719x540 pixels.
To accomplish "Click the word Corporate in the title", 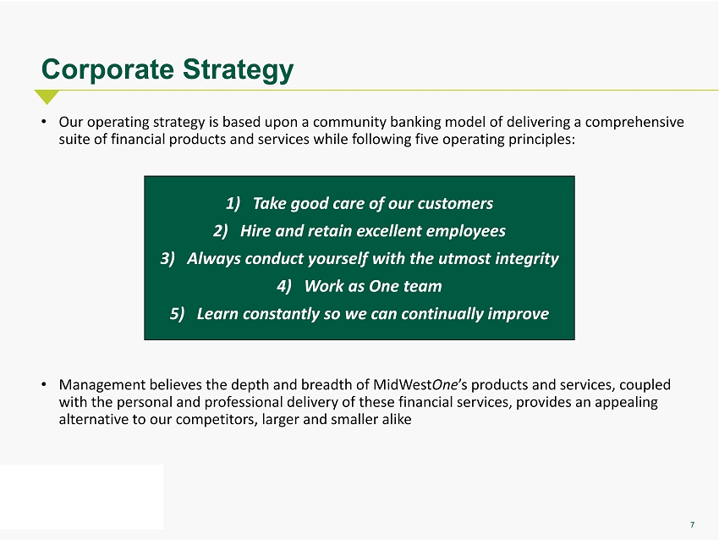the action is point(107,69).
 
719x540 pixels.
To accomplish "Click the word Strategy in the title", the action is point(238,70).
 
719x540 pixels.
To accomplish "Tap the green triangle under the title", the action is point(47,96).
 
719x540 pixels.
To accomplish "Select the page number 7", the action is point(693,525).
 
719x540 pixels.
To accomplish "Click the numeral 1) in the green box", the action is point(233,203).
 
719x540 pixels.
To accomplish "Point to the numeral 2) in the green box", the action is point(221,231).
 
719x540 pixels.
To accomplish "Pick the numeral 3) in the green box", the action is point(167,258).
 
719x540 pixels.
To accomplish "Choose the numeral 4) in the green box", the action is point(284,286).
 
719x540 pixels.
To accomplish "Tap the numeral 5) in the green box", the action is point(177,314).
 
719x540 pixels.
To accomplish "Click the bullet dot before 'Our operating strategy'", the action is point(43,122).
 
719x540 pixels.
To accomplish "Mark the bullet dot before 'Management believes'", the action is point(43,384).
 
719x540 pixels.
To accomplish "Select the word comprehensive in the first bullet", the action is point(634,123).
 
